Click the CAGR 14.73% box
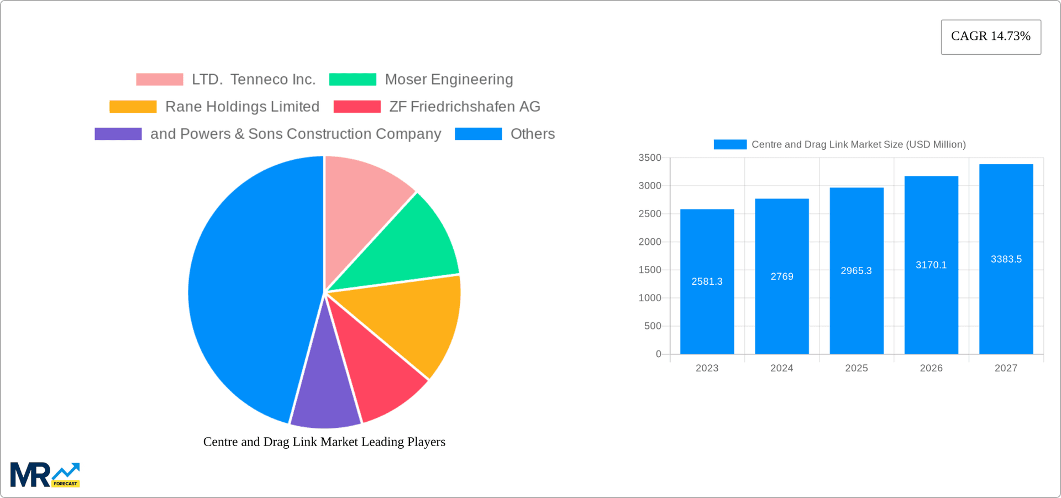tap(991, 37)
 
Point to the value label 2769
tap(782, 276)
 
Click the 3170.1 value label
tap(931, 265)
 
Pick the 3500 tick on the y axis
tap(650, 158)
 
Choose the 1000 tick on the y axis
tap(650, 298)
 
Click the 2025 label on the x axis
tap(857, 368)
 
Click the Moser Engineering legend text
tap(449, 80)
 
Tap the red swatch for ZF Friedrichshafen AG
tap(357, 107)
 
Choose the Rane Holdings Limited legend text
tap(242, 107)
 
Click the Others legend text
tap(532, 134)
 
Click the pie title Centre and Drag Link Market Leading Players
tap(324, 442)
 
